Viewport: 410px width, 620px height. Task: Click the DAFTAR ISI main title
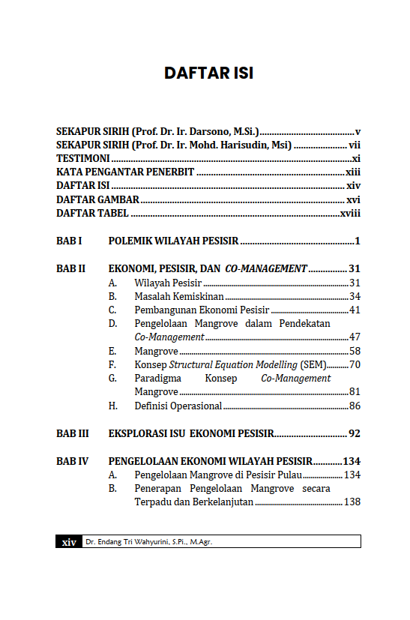pyautogui.click(x=208, y=73)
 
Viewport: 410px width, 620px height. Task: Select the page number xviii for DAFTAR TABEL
pyautogui.click(x=350, y=214)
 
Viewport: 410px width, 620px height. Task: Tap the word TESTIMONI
pyautogui.click(x=83, y=158)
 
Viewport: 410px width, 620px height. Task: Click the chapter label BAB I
pyautogui.click(x=69, y=241)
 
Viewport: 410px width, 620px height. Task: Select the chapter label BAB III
pyautogui.click(x=73, y=433)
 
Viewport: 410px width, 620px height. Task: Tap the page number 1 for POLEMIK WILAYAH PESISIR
pyautogui.click(x=358, y=241)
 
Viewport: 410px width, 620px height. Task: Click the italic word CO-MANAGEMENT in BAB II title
pyautogui.click(x=266, y=268)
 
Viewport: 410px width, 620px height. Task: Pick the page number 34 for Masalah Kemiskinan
pyautogui.click(x=355, y=296)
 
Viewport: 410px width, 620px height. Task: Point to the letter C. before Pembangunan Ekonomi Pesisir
pyautogui.click(x=112, y=310)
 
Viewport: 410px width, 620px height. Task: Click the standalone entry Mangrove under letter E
pyautogui.click(x=156, y=351)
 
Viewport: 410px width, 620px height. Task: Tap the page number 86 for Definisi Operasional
pyautogui.click(x=355, y=406)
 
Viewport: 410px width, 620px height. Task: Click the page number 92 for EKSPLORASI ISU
pyautogui.click(x=355, y=433)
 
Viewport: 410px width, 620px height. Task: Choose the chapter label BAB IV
pyautogui.click(x=73, y=461)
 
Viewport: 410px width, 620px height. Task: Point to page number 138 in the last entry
pyautogui.click(x=352, y=502)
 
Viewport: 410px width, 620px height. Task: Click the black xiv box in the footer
pyautogui.click(x=69, y=542)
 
